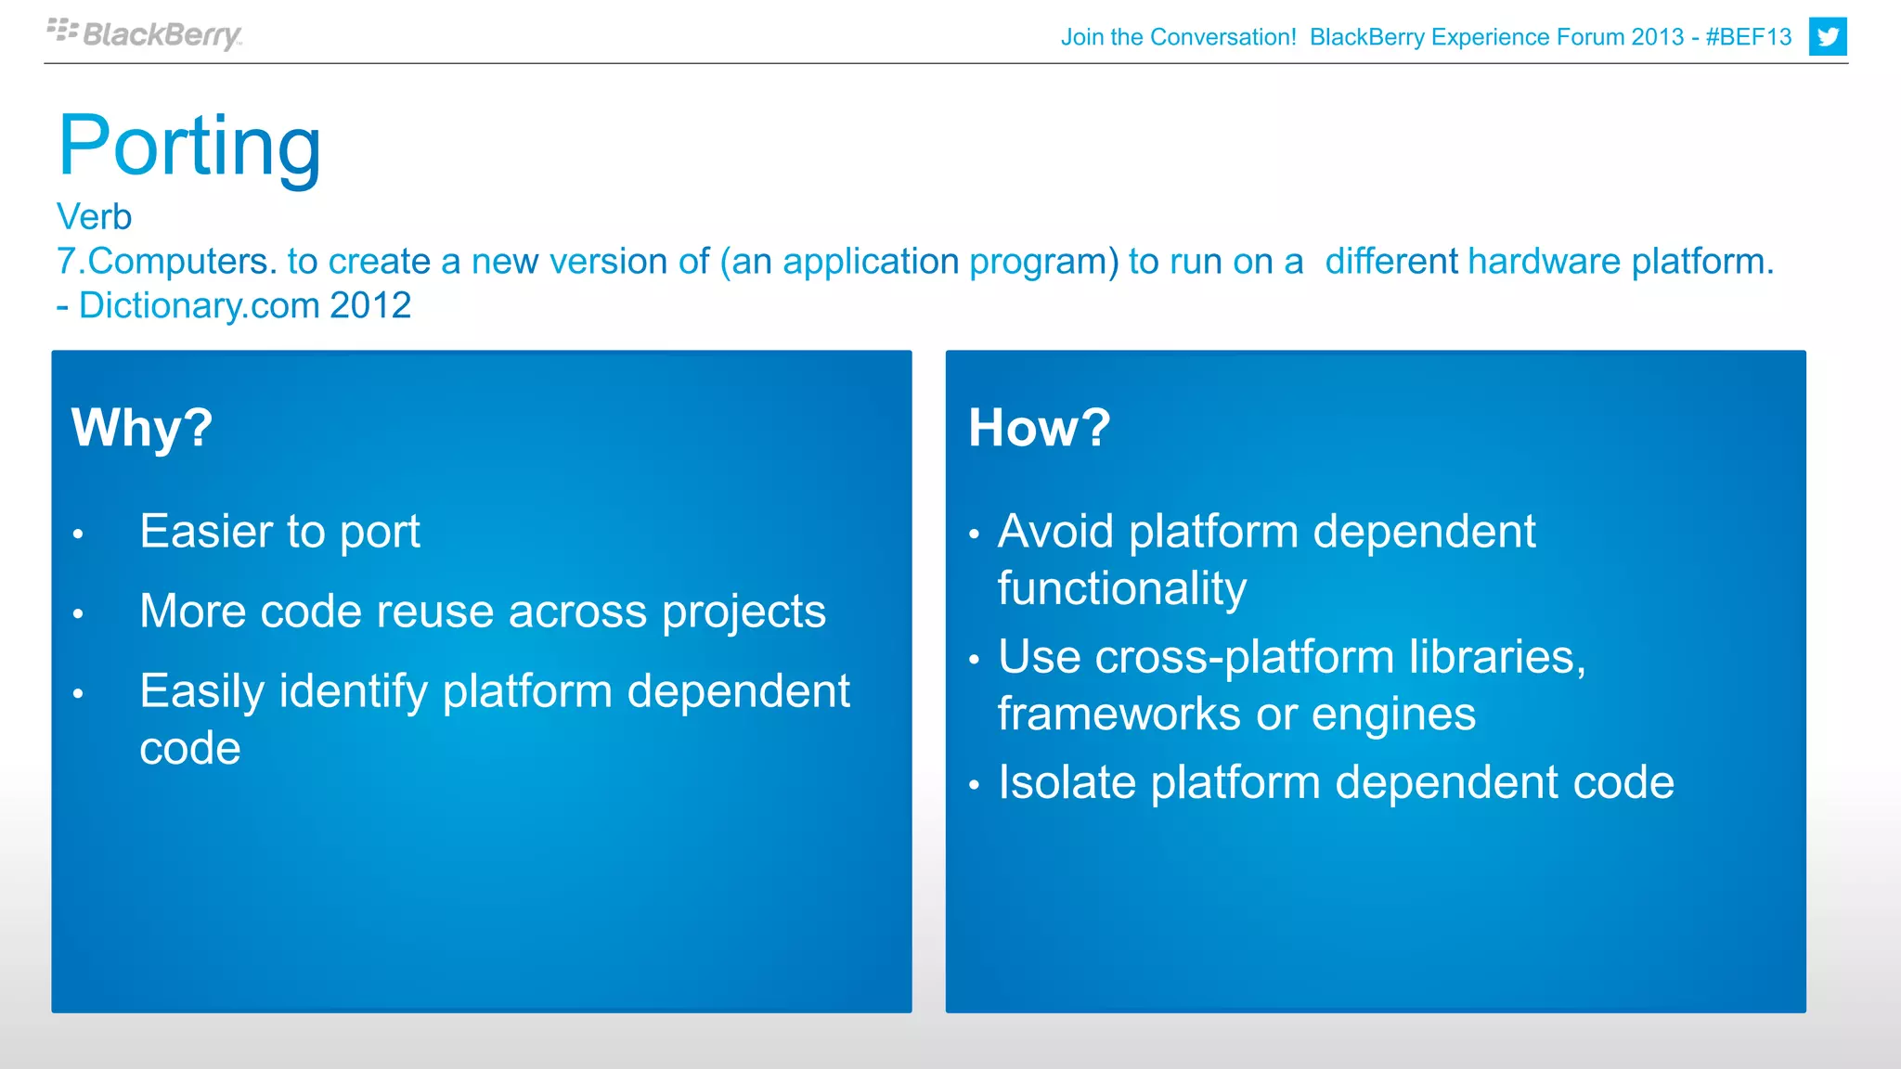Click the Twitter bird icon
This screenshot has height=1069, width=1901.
(x=1827, y=37)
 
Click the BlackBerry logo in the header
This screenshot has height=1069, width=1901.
(x=146, y=34)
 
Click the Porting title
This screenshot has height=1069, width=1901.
(x=189, y=146)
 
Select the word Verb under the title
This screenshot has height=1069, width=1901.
(x=94, y=217)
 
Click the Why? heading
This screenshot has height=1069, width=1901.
(x=142, y=428)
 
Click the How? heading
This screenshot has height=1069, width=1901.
(x=1039, y=428)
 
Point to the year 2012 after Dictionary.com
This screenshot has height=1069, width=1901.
(x=370, y=305)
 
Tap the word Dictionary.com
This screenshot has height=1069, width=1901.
(x=199, y=305)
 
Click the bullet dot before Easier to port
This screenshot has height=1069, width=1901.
(x=79, y=534)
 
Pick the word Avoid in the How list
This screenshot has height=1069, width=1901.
(x=1055, y=532)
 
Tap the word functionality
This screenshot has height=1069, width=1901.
(x=1121, y=589)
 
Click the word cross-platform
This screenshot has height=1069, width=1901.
(x=1244, y=657)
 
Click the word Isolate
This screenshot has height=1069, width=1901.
(x=1067, y=782)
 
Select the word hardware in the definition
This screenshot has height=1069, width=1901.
(x=1544, y=262)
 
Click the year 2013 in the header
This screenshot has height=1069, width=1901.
(x=1657, y=37)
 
